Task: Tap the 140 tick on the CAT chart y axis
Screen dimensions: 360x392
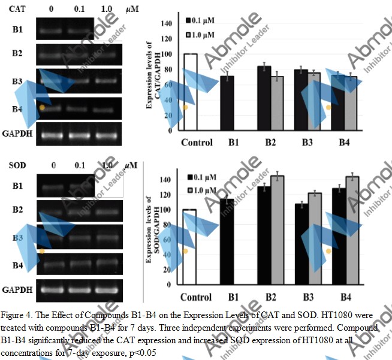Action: pyautogui.click(x=165, y=23)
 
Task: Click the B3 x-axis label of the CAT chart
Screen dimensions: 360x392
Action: pyautogui.click(x=306, y=143)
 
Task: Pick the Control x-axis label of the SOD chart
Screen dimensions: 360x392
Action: pyautogui.click(x=196, y=297)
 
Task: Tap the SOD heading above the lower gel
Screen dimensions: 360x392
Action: pyautogui.click(x=16, y=165)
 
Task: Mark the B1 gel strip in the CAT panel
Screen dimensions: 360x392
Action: pyautogui.click(x=65, y=28)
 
